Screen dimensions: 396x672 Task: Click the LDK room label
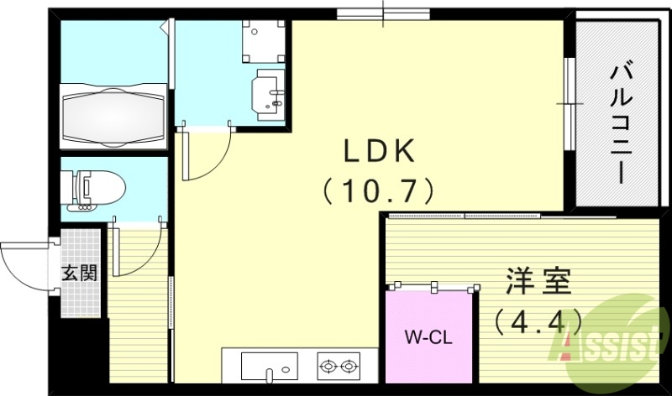tap(378, 153)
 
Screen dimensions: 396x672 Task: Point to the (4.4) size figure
tap(538, 320)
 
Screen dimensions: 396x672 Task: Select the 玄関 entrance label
tap(79, 273)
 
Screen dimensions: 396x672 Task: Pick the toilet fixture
tap(97, 189)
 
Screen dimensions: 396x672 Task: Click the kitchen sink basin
tap(269, 366)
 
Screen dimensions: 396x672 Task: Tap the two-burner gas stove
tap(339, 366)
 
